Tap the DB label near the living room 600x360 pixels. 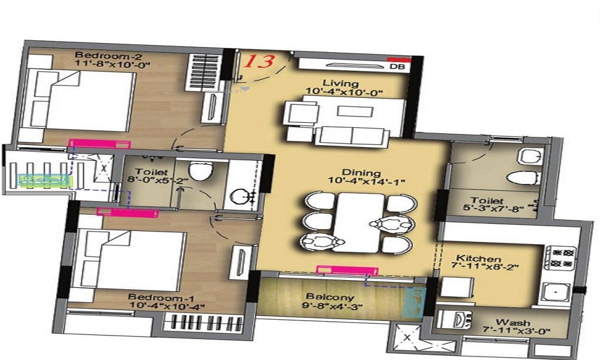pyautogui.click(x=397, y=68)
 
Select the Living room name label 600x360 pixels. pyautogui.click(x=340, y=83)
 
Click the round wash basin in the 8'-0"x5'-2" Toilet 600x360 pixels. pyautogui.click(x=243, y=196)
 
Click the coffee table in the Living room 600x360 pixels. pyautogui.click(x=347, y=111)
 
